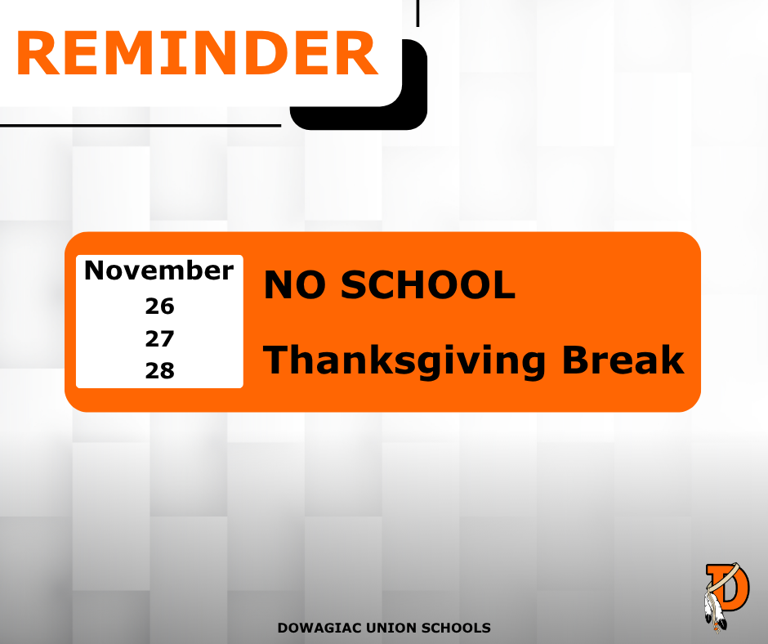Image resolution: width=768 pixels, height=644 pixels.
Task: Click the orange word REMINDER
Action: coord(198,53)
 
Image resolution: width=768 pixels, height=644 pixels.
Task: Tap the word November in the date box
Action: coord(159,270)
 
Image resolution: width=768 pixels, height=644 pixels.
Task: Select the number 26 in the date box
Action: coord(159,306)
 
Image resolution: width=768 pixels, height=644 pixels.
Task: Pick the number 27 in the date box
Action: coord(159,338)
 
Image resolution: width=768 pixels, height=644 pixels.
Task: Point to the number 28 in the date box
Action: coord(159,370)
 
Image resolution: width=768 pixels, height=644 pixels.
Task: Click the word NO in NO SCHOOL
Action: coord(295,284)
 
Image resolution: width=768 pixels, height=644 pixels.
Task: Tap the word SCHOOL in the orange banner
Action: coord(428,284)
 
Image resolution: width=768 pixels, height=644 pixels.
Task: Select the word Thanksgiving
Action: coord(404,361)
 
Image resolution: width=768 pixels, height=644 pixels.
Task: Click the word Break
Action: coord(623,360)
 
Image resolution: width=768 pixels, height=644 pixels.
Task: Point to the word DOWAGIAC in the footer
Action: coord(319,628)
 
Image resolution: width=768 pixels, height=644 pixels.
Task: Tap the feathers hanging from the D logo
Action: coord(714,610)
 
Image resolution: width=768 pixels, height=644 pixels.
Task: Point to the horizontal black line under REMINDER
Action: coord(141,126)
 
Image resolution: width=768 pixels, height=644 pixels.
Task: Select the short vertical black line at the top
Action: coord(417,13)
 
